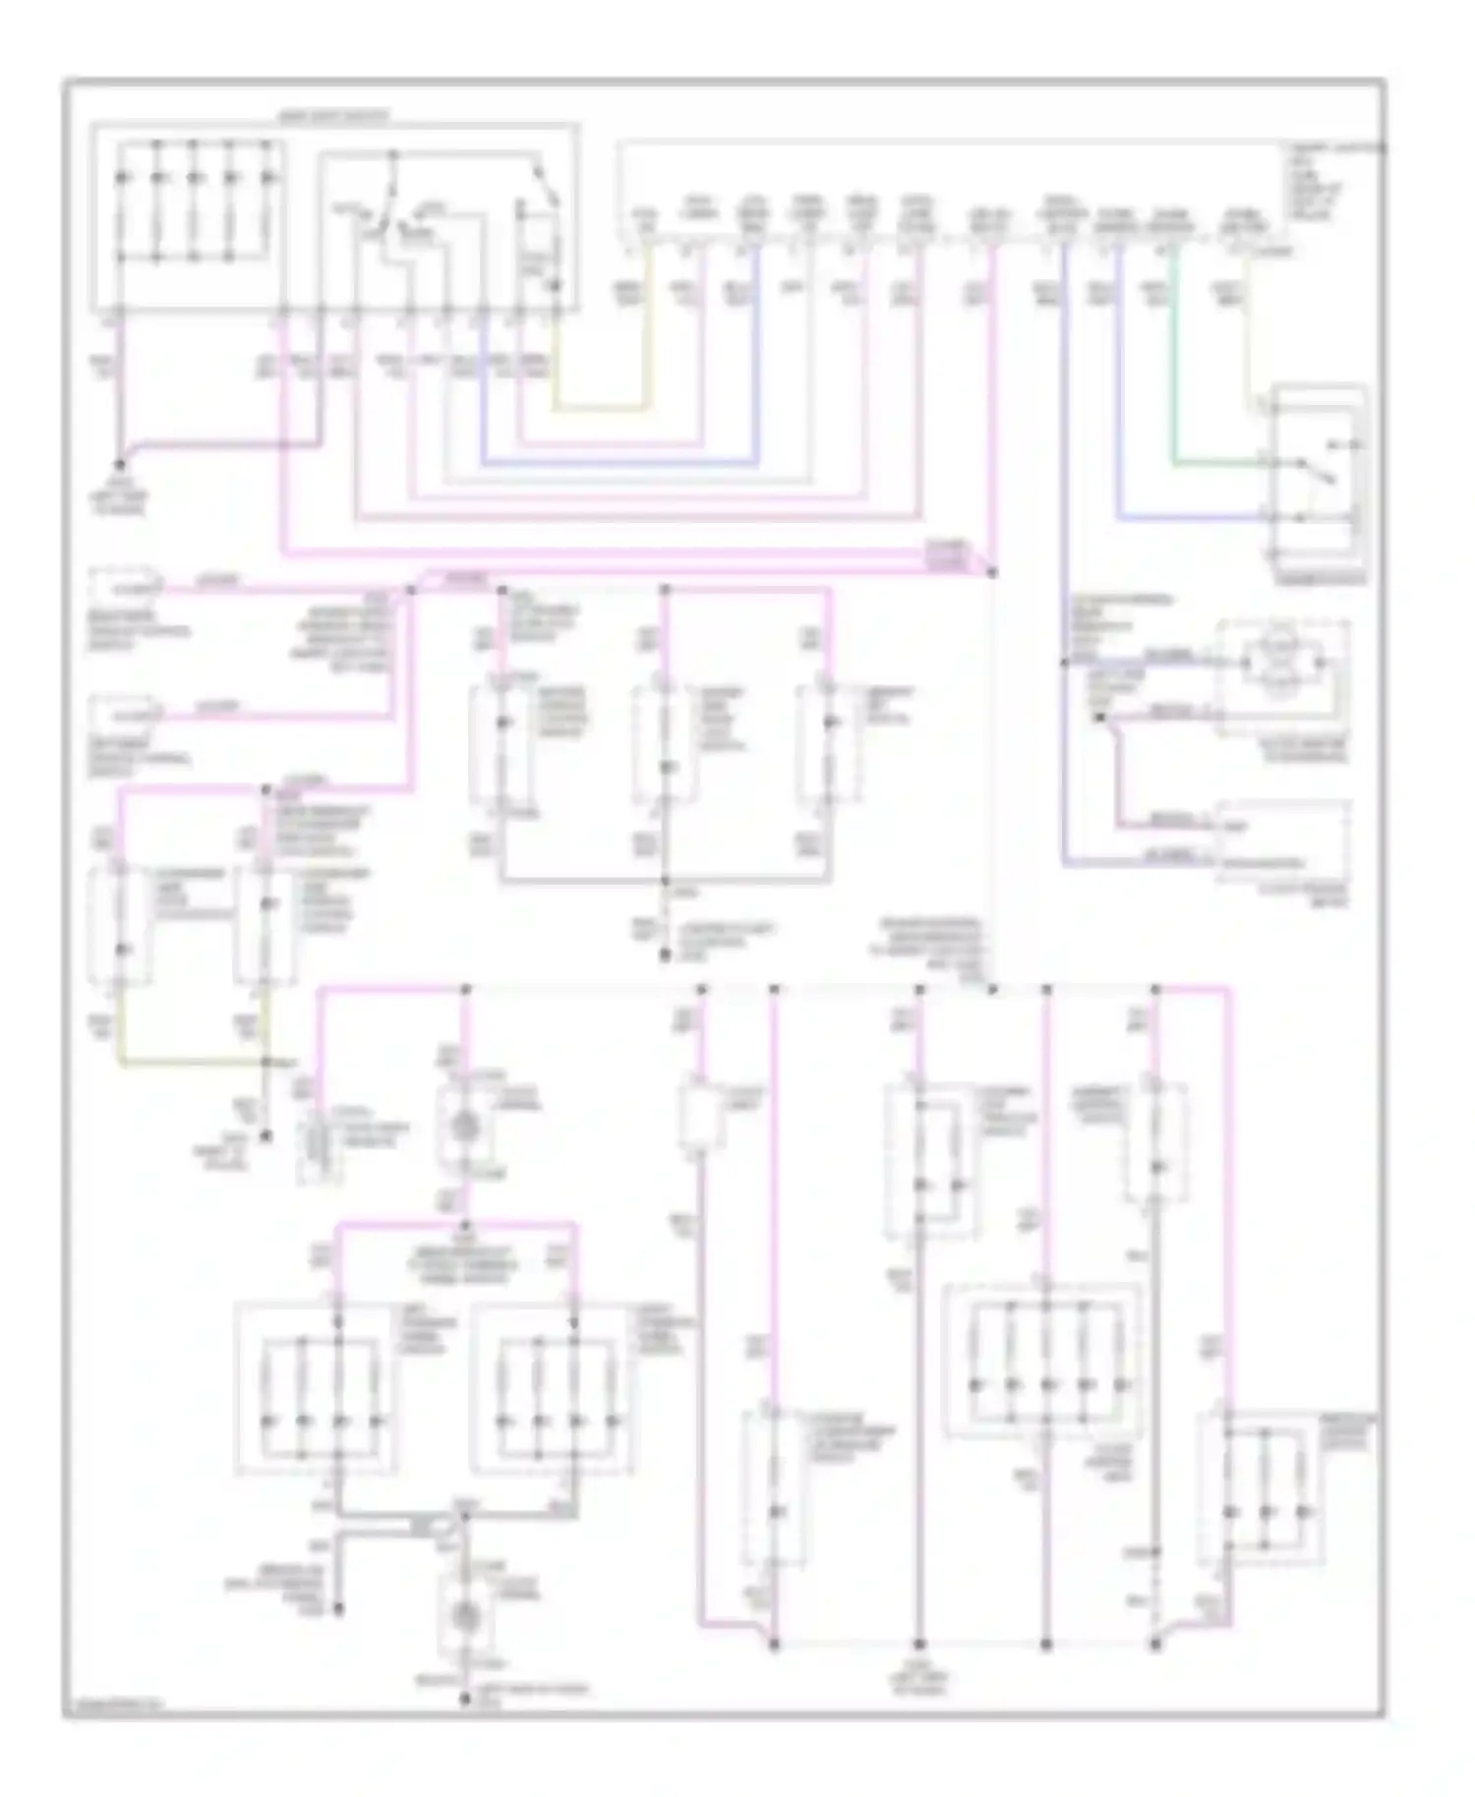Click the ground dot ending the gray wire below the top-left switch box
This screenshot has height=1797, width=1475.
point(121,464)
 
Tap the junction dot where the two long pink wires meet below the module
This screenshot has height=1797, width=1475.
point(991,572)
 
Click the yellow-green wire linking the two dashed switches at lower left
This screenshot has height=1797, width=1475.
point(193,1063)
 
